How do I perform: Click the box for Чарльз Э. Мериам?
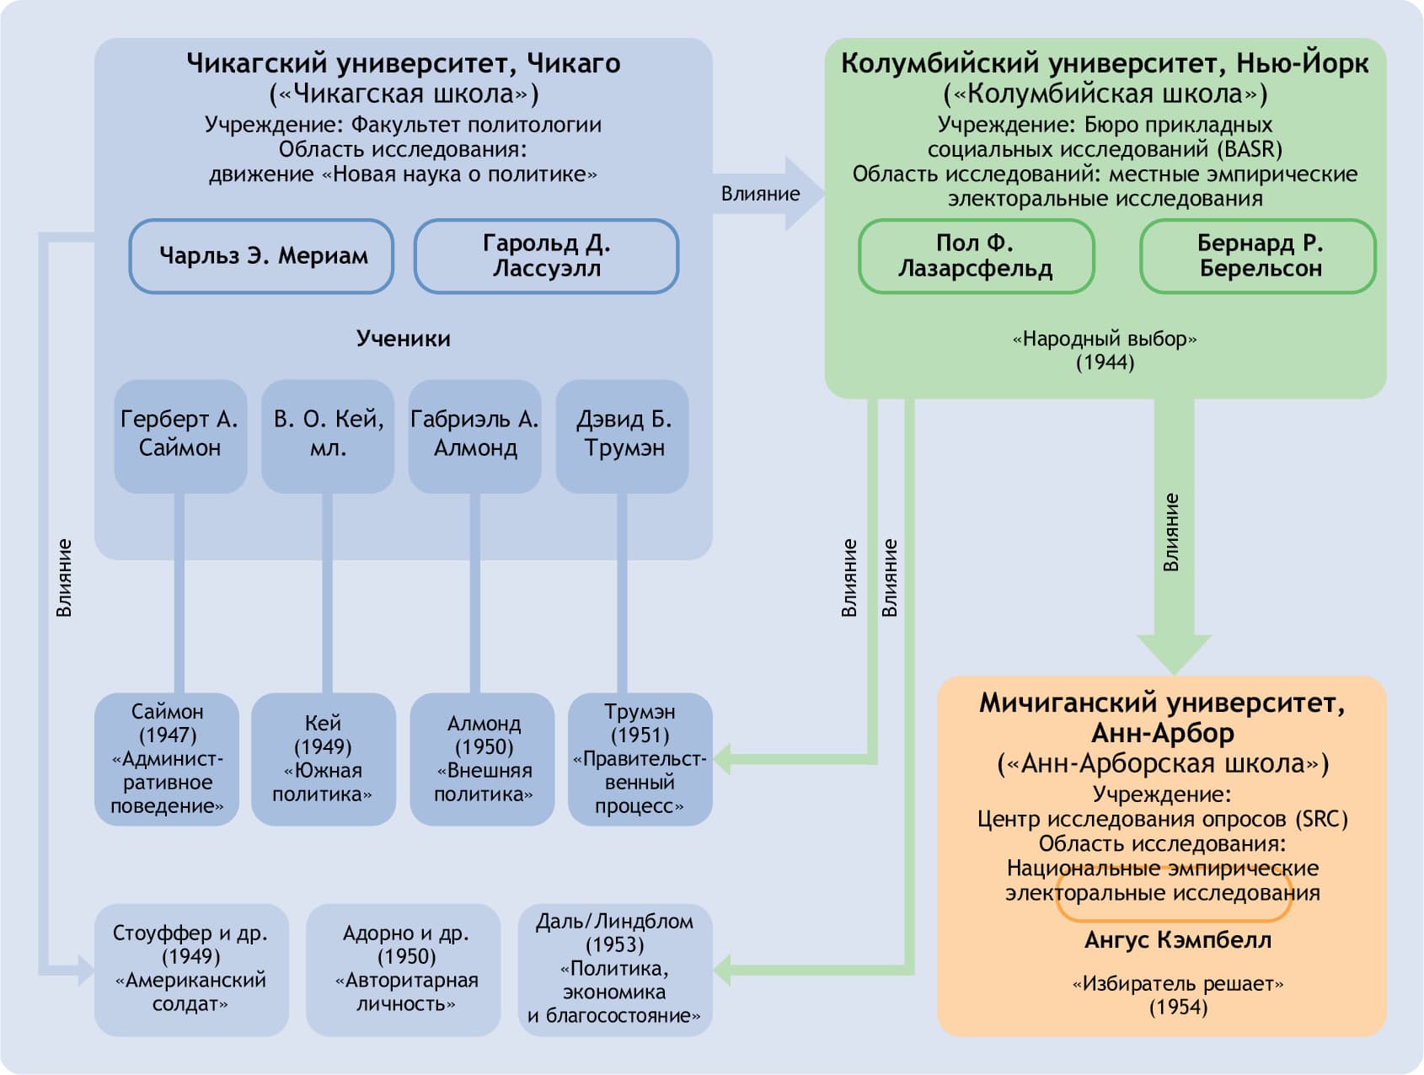pos(261,256)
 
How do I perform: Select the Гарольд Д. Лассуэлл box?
pos(546,256)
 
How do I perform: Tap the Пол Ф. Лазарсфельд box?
pos(976,256)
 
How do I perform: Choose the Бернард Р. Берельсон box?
pos(1258,256)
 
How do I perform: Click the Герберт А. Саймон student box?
pos(179,435)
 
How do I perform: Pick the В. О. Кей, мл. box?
pos(328,435)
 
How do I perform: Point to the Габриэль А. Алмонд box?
pos(474,435)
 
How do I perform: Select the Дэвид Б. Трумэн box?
pos(623,435)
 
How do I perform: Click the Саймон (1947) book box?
pos(167,758)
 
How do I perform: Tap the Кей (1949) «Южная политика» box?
pos(323,758)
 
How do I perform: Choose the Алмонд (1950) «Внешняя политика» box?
pos(483,758)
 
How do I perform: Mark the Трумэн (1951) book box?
pos(640,758)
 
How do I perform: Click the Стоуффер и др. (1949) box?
pos(191,969)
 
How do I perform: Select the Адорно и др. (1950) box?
pos(404,969)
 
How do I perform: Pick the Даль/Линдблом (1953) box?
pos(615,969)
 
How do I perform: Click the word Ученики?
pos(403,339)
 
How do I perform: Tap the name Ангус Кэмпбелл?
pos(1178,940)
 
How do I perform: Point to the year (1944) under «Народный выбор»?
pos(1105,362)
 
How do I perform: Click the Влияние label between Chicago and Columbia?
pos(760,194)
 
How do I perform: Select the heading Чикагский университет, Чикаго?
pos(403,63)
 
